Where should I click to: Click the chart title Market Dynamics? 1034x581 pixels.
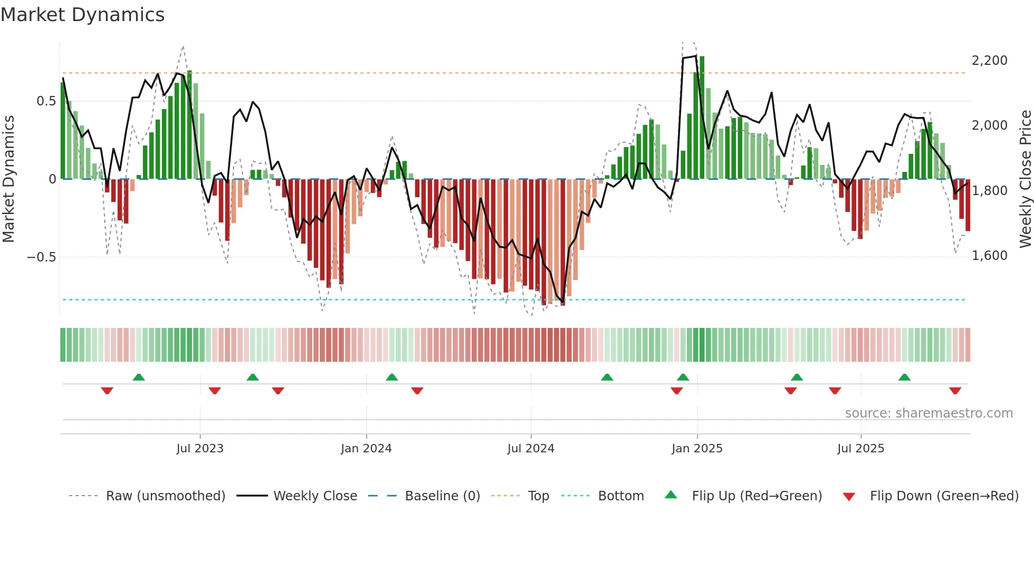pos(82,15)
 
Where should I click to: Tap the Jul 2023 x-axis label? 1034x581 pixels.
pos(200,449)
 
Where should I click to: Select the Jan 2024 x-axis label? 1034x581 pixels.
pos(366,449)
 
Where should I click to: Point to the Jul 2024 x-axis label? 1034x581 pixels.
pos(531,449)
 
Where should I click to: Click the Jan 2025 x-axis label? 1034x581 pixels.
pos(697,449)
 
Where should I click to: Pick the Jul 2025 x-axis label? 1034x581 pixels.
pos(860,449)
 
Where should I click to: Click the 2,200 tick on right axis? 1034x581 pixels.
pos(989,61)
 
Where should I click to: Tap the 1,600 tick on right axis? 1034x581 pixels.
pos(989,256)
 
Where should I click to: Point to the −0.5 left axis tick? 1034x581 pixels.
pos(41,257)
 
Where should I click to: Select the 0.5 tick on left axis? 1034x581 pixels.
pos(46,101)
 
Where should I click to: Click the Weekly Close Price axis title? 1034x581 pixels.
pos(1025,179)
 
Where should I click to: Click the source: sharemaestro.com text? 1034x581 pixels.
pos(928,413)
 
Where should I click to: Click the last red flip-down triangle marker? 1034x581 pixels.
pos(955,391)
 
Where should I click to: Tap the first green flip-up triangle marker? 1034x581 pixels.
pos(139,377)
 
